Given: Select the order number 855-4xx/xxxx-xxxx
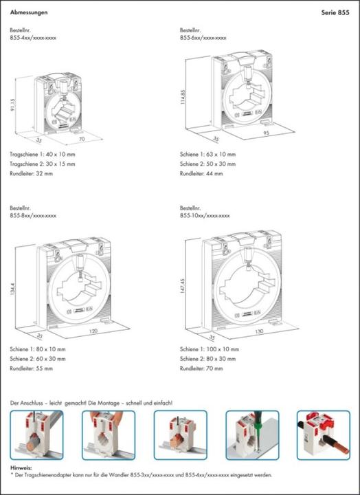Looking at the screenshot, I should click(x=33, y=38).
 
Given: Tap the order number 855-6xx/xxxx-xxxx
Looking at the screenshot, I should click(x=203, y=38).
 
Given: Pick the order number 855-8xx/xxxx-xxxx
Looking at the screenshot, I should click(x=33, y=215).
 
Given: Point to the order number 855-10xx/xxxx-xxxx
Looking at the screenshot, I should click(x=204, y=215).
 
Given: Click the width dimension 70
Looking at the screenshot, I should click(x=82, y=139).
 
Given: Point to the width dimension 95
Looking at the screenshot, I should click(x=265, y=132).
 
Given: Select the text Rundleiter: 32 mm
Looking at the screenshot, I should click(x=32, y=173).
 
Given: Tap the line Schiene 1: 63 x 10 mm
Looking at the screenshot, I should click(x=207, y=154).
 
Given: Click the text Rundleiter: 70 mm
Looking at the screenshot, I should click(x=201, y=368).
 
